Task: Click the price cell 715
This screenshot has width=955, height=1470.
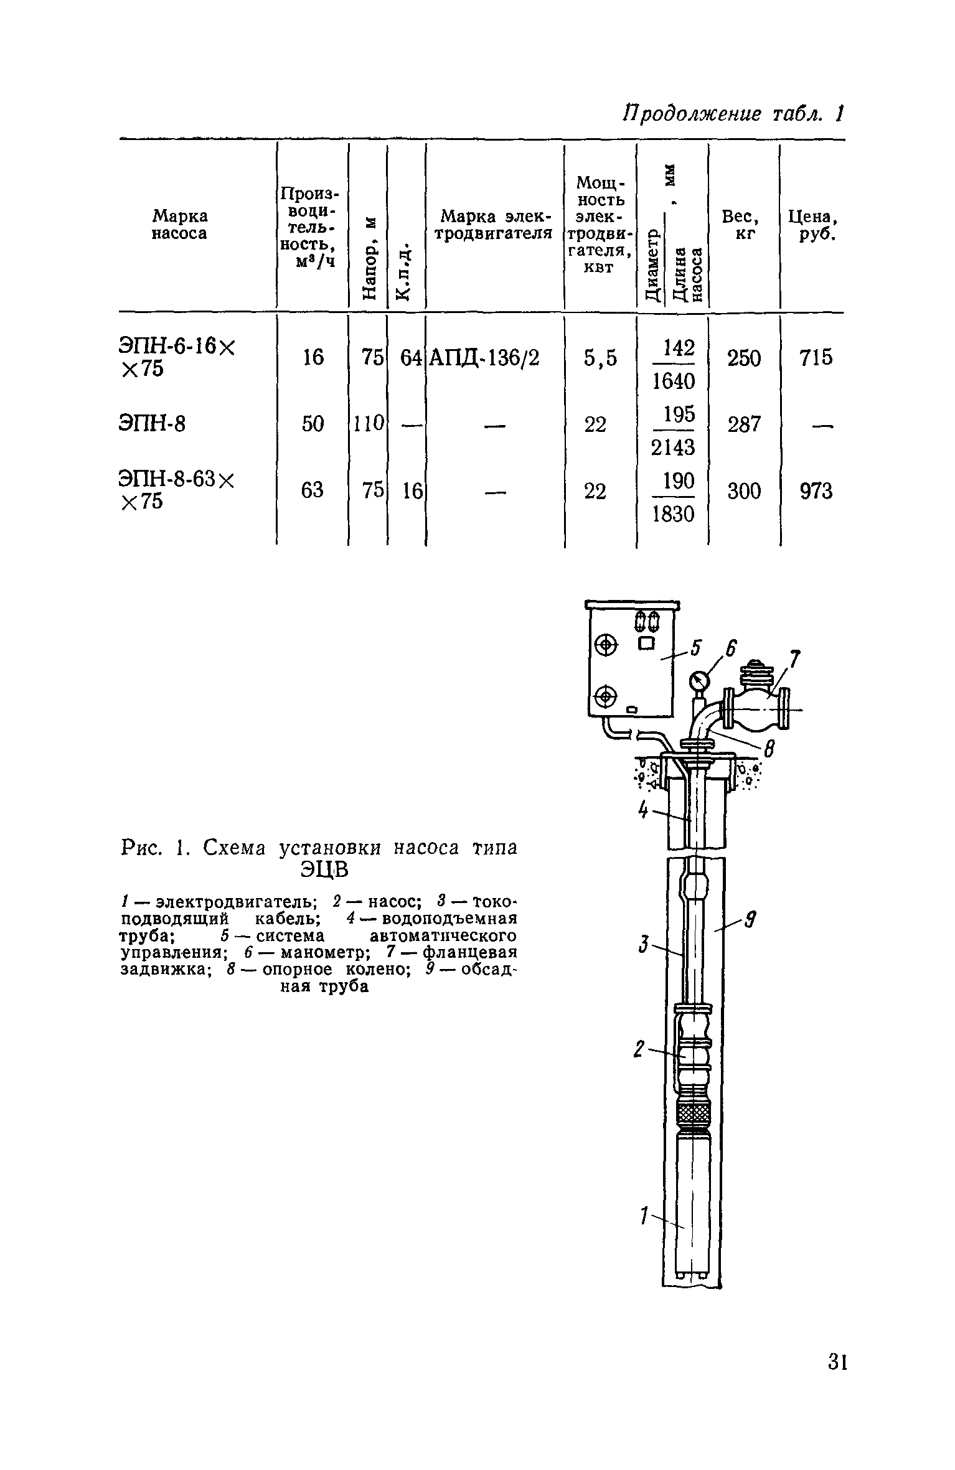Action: click(816, 358)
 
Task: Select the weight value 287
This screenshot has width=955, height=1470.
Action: click(744, 424)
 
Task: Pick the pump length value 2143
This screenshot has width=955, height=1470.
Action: click(672, 447)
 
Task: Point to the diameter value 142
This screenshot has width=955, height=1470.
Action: click(679, 347)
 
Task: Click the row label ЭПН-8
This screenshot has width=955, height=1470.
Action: click(153, 424)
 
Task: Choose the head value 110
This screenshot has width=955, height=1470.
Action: click(367, 424)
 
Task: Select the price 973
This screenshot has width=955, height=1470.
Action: click(816, 492)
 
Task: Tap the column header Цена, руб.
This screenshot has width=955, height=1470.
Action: click(813, 225)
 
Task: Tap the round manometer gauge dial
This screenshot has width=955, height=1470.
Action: click(699, 679)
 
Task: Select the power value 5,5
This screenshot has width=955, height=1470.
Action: click(600, 358)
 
